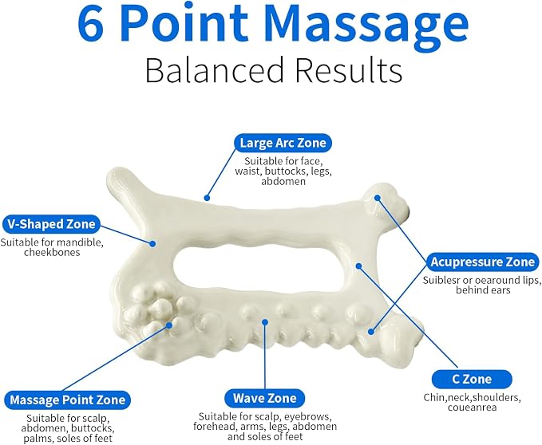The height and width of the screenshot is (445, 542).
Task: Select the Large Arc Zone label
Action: tap(283, 143)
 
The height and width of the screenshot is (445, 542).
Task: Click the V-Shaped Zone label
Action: tap(51, 224)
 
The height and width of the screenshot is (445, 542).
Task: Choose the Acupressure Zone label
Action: tap(483, 262)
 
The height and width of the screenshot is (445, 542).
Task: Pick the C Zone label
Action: tap(472, 379)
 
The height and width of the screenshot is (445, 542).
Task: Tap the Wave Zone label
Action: tap(265, 398)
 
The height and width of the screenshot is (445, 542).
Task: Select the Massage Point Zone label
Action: tap(67, 400)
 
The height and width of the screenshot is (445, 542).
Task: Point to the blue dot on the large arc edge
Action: tap(207, 198)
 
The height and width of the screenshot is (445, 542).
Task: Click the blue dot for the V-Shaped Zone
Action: tap(152, 243)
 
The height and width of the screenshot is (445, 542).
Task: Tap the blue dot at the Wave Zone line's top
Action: tap(265, 322)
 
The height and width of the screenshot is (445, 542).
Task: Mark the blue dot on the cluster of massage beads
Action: tap(169, 325)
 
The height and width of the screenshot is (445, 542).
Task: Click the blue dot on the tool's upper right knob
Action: tap(378, 198)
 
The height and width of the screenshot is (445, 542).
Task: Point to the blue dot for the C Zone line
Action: tap(358, 266)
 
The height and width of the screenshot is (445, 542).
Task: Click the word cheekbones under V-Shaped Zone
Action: tap(52, 252)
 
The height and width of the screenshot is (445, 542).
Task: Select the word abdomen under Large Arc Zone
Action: tap(283, 182)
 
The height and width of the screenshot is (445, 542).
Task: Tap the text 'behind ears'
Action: tap(483, 289)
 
